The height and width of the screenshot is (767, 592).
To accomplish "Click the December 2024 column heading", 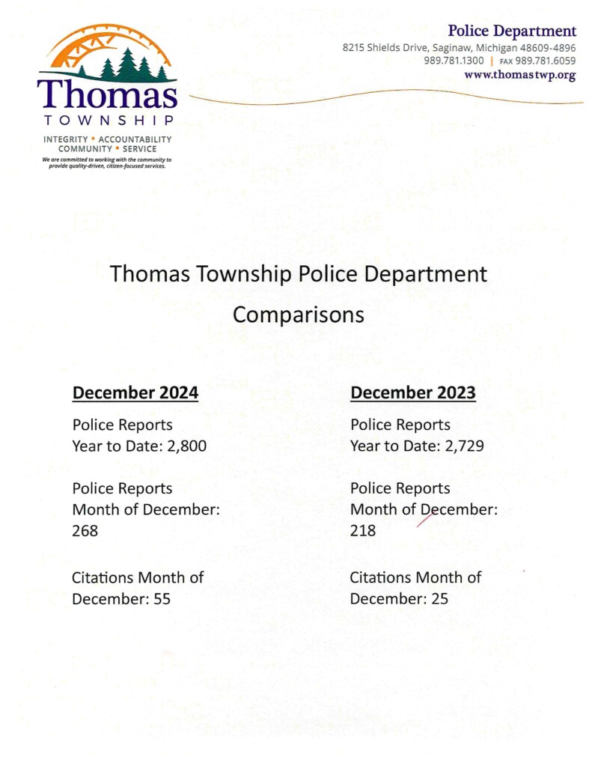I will [135, 392].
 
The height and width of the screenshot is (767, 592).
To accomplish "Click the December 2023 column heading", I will [412, 392].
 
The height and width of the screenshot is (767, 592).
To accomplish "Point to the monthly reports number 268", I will [85, 531].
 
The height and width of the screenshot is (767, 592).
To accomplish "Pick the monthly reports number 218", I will [363, 531].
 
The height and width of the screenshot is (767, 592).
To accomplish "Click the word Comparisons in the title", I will [298, 315].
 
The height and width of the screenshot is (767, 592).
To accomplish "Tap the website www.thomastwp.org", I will [519, 75].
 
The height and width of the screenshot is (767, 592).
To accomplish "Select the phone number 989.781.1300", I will [454, 61].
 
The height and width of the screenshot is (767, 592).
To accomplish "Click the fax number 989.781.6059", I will [545, 61].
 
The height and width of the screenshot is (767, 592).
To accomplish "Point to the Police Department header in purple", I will [512, 31].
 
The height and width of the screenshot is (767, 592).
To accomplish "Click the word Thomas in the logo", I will [107, 94].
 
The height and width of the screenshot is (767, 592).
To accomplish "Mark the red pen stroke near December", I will [426, 518].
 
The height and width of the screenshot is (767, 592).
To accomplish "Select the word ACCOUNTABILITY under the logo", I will [135, 139].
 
